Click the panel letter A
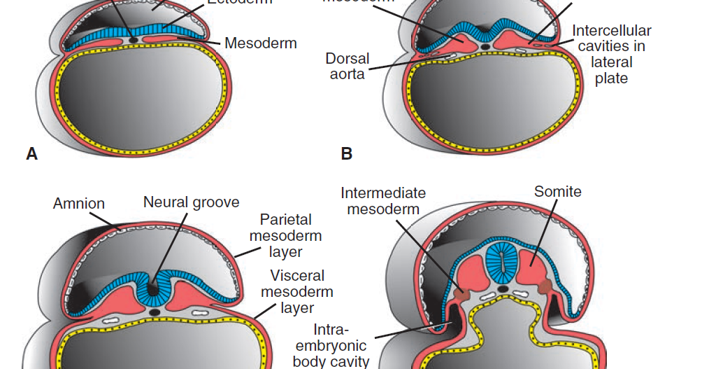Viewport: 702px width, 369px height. point(31,154)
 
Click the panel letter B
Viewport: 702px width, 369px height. point(346,154)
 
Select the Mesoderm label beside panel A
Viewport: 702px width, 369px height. point(261,43)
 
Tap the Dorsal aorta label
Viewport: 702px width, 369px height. point(348,66)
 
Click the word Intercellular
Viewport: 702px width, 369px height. point(611,31)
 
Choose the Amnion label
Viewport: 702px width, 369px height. point(79,204)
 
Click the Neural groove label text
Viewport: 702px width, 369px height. point(191,202)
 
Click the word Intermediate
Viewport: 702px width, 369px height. point(383,193)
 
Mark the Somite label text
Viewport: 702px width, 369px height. point(557,191)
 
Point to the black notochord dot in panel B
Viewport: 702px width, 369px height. point(485,47)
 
